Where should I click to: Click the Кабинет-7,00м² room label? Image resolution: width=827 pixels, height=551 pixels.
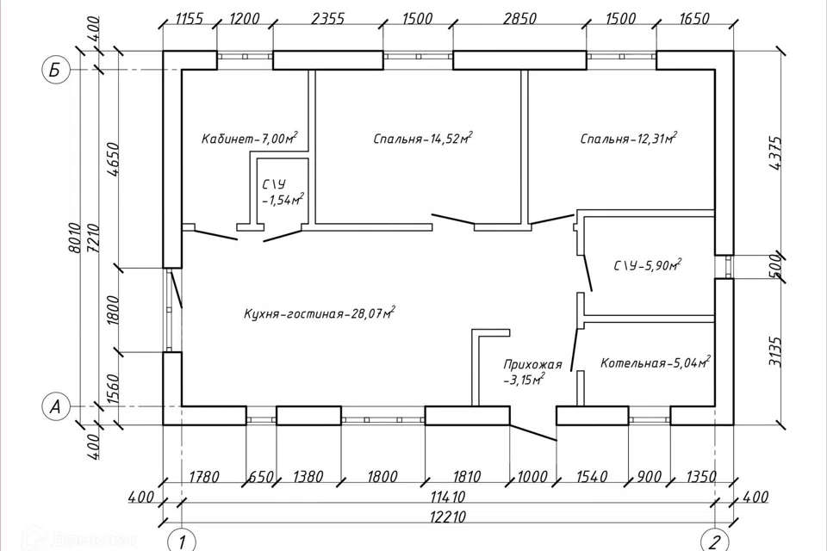click(250, 138)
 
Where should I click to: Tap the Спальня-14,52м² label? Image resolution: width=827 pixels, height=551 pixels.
click(422, 138)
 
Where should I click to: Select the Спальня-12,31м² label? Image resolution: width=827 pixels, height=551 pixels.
click(629, 138)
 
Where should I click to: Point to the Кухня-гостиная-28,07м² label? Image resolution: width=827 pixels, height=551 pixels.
click(320, 313)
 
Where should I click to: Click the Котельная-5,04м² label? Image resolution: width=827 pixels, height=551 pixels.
click(655, 362)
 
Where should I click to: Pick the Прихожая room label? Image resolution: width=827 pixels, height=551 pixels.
click(532, 364)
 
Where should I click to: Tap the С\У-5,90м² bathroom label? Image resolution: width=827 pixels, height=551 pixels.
click(648, 265)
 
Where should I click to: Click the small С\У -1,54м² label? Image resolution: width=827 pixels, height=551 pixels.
click(283, 192)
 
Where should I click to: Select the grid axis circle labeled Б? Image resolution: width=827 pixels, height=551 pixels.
click(55, 70)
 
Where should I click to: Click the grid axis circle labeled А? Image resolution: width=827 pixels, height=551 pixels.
click(55, 406)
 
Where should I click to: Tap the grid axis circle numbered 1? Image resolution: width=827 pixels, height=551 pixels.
click(182, 541)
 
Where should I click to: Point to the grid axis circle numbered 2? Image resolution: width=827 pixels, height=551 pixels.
click(715, 541)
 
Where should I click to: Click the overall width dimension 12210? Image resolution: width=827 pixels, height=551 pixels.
click(447, 517)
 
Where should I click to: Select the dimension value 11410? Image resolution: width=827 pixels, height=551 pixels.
click(447, 497)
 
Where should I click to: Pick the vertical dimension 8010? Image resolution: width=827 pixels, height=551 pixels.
click(76, 238)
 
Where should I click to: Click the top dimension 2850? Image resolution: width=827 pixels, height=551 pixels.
click(519, 18)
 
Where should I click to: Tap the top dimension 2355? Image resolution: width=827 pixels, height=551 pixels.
click(327, 18)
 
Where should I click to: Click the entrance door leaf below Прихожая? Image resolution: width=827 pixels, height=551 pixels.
click(533, 433)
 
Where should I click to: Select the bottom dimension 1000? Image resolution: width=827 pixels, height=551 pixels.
click(532, 477)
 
